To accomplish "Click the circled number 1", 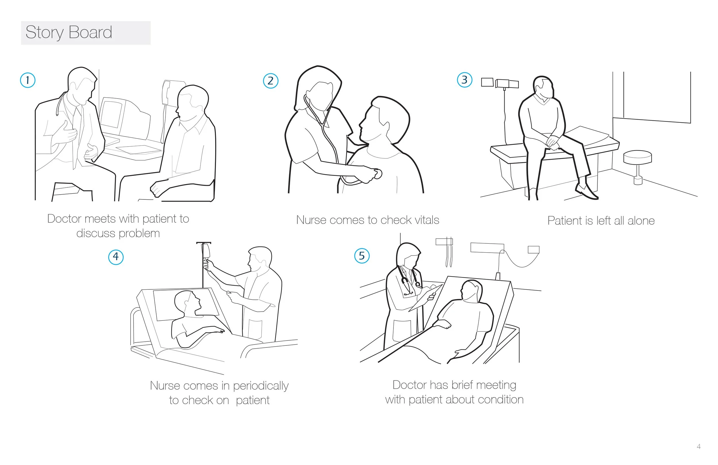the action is click(x=28, y=80).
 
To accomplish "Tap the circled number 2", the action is click(x=270, y=81).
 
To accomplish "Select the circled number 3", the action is click(x=465, y=80).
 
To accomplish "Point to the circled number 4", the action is click(x=116, y=257).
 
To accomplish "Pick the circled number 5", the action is click(x=362, y=256).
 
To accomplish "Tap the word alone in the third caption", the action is click(x=641, y=221).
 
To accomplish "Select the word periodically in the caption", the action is click(x=261, y=386).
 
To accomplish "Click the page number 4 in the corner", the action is click(x=699, y=447).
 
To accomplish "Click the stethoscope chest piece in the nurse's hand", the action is click(x=378, y=174).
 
